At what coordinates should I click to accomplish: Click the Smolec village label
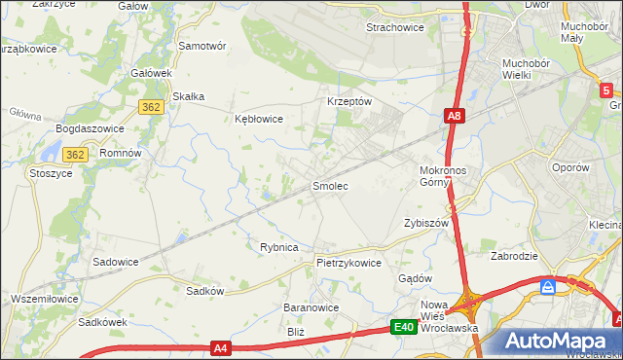pyautogui.click(x=329, y=185)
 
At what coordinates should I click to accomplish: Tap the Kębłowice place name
pyautogui.click(x=258, y=119)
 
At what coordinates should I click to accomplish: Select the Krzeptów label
pyautogui.click(x=348, y=101)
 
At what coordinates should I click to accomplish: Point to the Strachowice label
pyautogui.click(x=394, y=27)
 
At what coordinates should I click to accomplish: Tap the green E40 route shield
pyautogui.click(x=405, y=329)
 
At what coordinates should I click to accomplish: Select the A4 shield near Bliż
pyautogui.click(x=221, y=347)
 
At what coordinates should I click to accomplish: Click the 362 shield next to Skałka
pyautogui.click(x=150, y=107)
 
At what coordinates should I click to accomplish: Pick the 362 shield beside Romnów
pyautogui.click(x=76, y=155)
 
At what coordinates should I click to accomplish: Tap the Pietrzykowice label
pyautogui.click(x=348, y=263)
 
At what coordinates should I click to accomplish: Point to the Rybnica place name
pyautogui.click(x=278, y=247)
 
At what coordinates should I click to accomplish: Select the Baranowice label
pyautogui.click(x=311, y=307)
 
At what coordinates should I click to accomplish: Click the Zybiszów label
pyautogui.click(x=425, y=223)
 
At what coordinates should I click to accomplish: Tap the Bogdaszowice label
pyautogui.click(x=89, y=128)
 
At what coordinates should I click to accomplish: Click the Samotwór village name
pyautogui.click(x=202, y=46)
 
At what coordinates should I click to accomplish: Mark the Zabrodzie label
pyautogui.click(x=515, y=257)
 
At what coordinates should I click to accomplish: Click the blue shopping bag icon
pyautogui.click(x=548, y=287)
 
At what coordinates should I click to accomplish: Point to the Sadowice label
pyautogui.click(x=115, y=262)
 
